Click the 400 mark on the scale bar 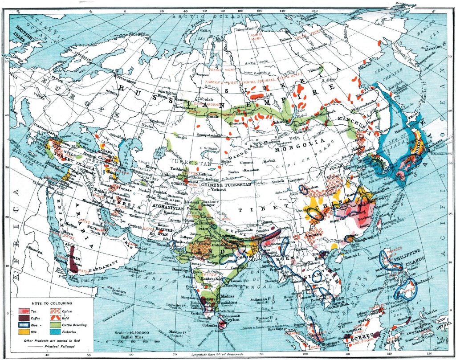[x=133, y=340]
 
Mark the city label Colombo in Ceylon [x=210, y=325]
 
